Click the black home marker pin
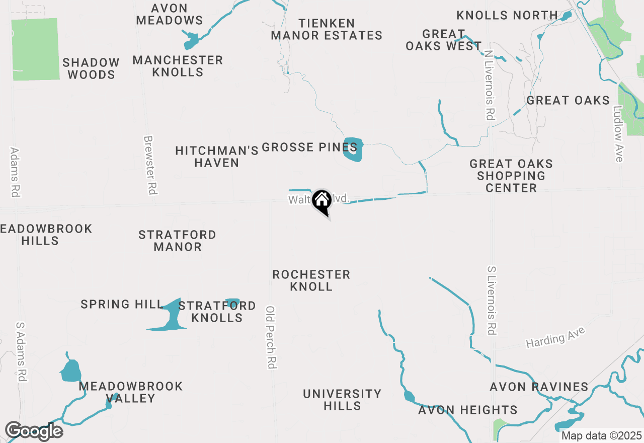(322, 201)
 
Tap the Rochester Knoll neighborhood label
(311, 280)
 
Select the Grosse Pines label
(309, 147)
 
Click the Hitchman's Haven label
(217, 157)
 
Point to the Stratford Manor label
(178, 241)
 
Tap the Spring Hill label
(122, 305)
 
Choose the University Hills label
(342, 400)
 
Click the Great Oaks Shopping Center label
(511, 176)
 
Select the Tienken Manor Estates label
(327, 29)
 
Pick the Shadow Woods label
(91, 68)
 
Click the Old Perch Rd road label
(271, 337)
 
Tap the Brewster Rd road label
(150, 165)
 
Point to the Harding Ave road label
(556, 338)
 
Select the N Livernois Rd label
(489, 85)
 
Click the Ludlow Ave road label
(618, 133)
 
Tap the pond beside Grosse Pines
(353, 149)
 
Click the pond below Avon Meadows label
(191, 41)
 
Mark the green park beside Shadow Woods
(36, 49)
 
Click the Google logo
(34, 431)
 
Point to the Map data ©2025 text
(601, 435)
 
